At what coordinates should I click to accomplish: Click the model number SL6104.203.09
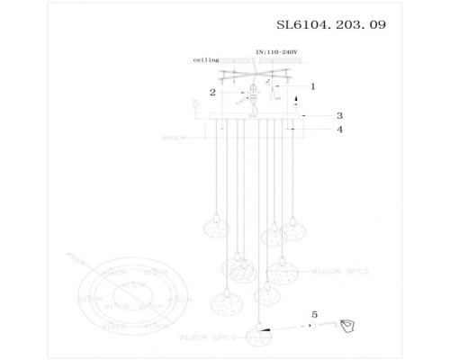tap(334, 25)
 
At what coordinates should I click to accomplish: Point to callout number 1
tap(312, 86)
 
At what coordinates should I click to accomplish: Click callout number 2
tap(212, 92)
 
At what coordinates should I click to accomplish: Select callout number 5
tap(314, 314)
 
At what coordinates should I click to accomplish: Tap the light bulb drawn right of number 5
tap(350, 326)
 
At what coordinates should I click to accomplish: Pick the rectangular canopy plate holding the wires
tap(255, 117)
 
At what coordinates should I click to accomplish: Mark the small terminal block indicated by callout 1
tap(274, 94)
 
